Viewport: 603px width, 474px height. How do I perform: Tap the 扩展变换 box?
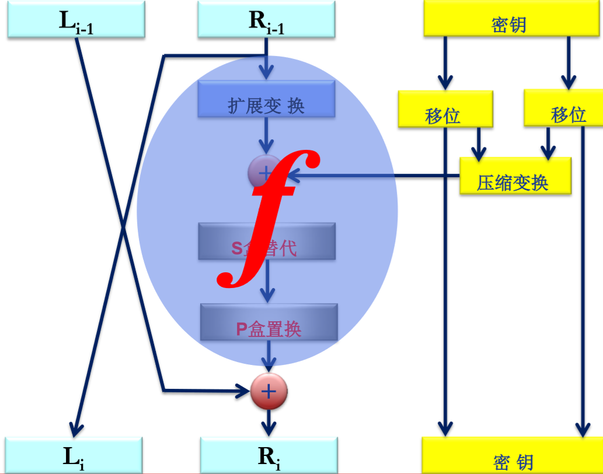click(266, 99)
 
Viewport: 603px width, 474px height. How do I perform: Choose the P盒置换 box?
click(269, 322)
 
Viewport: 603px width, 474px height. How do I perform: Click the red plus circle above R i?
click(269, 391)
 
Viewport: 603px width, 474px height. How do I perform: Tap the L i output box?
click(74, 455)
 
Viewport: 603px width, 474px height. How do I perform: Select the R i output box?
click(269, 455)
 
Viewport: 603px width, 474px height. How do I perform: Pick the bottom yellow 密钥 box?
click(511, 455)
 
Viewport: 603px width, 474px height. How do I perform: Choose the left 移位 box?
click(445, 108)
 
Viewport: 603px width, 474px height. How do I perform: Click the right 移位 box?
click(563, 108)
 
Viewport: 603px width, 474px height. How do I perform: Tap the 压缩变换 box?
click(514, 176)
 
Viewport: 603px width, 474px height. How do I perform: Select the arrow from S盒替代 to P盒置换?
click(267, 280)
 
